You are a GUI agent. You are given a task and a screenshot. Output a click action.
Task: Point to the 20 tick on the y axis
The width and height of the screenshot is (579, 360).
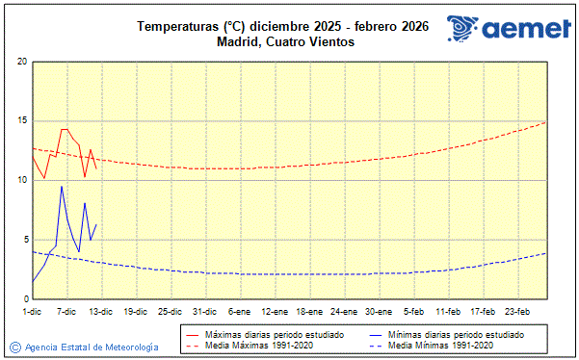pos(21,62)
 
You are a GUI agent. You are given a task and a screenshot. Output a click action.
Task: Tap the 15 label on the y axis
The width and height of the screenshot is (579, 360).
pos(21,121)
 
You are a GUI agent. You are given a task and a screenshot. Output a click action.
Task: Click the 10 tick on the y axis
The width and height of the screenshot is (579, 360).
pos(21,180)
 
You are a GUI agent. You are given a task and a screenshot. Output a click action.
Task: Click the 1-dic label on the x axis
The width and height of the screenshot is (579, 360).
pos(32,311)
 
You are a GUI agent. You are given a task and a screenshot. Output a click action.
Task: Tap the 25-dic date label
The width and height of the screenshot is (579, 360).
pos(170,311)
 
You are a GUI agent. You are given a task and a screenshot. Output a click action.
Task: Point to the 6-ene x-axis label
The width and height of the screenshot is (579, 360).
pos(239,311)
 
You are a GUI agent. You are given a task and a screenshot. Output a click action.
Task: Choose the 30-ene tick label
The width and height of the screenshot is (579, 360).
pos(378,311)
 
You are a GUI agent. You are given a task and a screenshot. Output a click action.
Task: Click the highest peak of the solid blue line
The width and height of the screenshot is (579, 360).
pos(62,187)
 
